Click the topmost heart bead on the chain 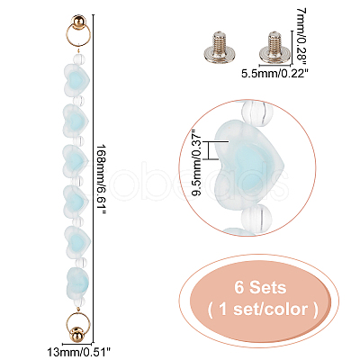coord(76,78)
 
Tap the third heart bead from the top coord(76,159)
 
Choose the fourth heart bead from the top coord(76,198)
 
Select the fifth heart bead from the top coord(76,239)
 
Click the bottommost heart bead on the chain coord(77,280)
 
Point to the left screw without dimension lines coord(217,46)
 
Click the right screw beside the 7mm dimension coord(273,46)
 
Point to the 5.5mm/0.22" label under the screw coord(274,73)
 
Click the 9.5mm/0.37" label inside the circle coord(198,162)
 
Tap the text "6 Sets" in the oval coord(260,287)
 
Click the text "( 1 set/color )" coord(263,309)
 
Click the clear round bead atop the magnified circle coord(255,112)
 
